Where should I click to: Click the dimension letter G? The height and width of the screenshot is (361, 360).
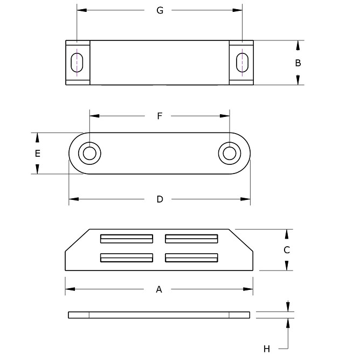point(160,10)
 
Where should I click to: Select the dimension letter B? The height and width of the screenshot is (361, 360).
point(298,63)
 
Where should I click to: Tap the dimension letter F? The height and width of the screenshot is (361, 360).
point(160,116)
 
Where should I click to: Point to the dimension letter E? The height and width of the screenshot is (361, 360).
point(37,154)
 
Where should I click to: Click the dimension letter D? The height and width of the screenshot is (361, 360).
point(160,199)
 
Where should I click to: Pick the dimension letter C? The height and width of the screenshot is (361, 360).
point(287,250)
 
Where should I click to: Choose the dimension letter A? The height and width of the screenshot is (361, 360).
point(159,290)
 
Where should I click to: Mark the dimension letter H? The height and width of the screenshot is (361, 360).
point(267,349)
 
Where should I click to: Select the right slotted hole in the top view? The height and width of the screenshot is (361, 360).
point(243,63)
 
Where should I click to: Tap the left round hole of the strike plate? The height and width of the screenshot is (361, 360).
point(89,153)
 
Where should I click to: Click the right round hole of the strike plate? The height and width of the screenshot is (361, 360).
point(229,153)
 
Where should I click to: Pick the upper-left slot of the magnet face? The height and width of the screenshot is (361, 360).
point(127,238)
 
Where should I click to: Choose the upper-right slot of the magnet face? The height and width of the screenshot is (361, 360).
point(191,238)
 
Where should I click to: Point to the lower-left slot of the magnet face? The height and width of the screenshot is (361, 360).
point(127,258)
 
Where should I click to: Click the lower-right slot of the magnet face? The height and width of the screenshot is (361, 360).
point(191,258)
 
